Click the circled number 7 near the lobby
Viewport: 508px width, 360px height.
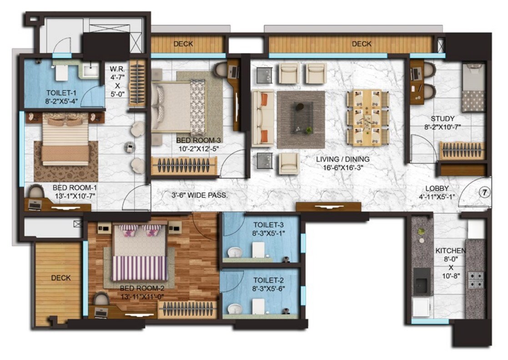coord(484,192)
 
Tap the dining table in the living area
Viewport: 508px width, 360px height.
coord(368,117)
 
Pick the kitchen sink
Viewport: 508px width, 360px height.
coord(422,283)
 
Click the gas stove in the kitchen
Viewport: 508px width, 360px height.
coord(476,280)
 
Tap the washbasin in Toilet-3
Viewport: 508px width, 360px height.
coord(235,253)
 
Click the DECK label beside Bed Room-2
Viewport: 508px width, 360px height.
coord(60,278)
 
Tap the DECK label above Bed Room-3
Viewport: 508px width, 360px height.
coord(183,44)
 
